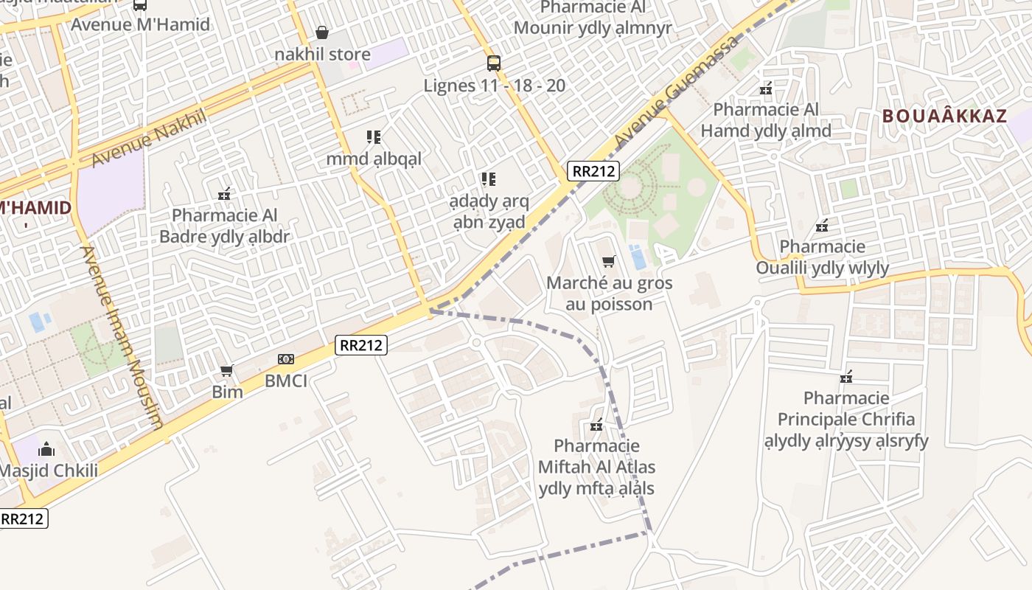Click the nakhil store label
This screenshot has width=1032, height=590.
coord(322,55)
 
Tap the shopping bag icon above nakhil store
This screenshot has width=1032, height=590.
coord(322,32)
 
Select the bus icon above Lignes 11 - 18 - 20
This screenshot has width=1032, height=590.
coord(494,63)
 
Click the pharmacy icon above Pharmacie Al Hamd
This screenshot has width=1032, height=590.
coord(767,88)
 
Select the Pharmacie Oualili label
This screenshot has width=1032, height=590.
coord(822,257)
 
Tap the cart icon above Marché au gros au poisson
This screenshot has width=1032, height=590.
coord(609,261)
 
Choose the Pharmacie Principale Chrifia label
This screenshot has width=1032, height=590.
coord(846,419)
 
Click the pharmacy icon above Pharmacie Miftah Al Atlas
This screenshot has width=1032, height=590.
coord(597,425)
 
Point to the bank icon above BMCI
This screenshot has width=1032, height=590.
coord(286,359)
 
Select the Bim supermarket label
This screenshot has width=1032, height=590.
coord(227,392)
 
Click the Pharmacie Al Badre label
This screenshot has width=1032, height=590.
coord(225,226)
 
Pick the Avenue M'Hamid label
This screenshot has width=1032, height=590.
coord(140,24)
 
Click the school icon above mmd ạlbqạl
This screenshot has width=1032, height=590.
coord(374,137)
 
